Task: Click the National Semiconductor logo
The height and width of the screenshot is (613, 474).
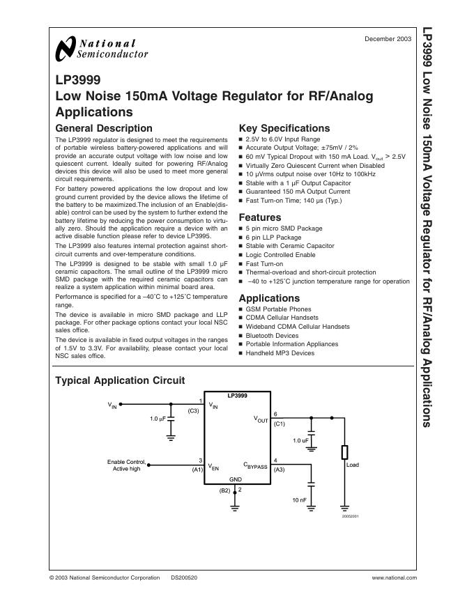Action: click(101, 48)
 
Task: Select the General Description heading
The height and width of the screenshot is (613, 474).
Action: click(103, 128)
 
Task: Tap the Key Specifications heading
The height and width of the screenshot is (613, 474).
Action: click(284, 128)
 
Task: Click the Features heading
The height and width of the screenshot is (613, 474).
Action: click(260, 217)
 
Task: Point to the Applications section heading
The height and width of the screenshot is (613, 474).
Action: click(269, 298)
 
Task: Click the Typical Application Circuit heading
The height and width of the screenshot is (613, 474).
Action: click(120, 380)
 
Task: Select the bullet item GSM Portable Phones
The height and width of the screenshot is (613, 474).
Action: click(278, 309)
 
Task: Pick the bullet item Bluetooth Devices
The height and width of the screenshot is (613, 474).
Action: click(272, 336)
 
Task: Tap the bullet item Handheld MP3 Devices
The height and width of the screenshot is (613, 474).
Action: click(280, 353)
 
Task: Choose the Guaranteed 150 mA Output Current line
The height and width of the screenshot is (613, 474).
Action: click(298, 192)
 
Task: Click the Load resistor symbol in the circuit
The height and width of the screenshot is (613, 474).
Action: click(344, 452)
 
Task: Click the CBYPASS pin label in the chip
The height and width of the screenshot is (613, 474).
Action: click(255, 465)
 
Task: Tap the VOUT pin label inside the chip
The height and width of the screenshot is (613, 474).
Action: click(261, 420)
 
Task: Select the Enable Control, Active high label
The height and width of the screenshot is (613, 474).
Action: click(127, 465)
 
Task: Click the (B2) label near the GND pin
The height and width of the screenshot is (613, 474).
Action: click(224, 490)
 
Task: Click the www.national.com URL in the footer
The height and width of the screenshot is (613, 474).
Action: click(395, 577)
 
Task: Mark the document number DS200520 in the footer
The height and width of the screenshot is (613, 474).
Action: click(184, 577)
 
